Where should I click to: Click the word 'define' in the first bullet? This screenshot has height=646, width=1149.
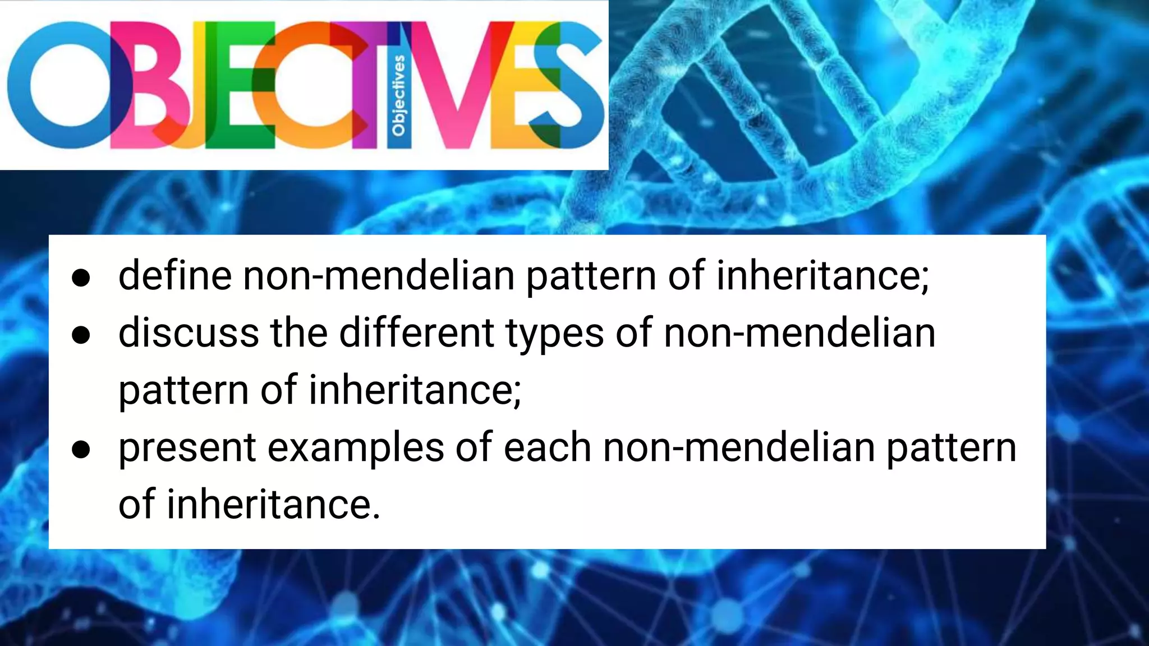[x=174, y=275]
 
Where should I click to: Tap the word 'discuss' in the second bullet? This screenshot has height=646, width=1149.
[x=189, y=333]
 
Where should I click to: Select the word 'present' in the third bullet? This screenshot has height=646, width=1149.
[x=187, y=449]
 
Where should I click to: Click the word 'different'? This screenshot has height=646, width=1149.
[x=417, y=333]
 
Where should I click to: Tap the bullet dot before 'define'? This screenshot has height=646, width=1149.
[x=81, y=278]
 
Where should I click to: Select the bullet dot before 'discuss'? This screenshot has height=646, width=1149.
[x=81, y=335]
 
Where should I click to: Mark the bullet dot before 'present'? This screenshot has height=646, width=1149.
[x=81, y=449]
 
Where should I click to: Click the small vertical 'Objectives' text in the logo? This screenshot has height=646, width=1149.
[x=398, y=95]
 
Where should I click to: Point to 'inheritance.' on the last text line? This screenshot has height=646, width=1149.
[x=273, y=504]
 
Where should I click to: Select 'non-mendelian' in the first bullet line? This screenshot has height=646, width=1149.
[x=379, y=275]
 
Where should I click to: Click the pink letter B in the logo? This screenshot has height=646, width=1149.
[x=143, y=84]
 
